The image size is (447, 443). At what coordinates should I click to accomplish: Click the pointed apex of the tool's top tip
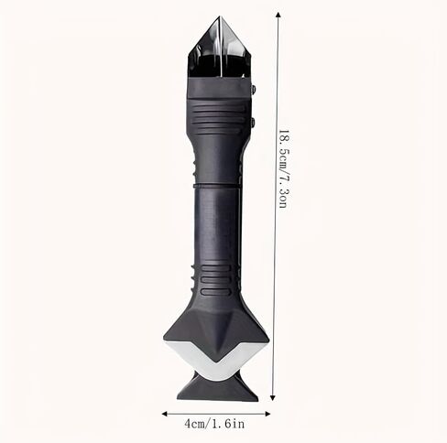click(x=220, y=16)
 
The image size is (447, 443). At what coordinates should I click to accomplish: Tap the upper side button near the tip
click(x=253, y=89)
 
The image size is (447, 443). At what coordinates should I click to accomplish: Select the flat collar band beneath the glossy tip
click(x=219, y=88)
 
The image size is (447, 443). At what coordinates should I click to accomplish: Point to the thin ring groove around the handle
click(x=216, y=186)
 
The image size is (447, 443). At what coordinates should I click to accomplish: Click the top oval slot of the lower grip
click(x=215, y=268)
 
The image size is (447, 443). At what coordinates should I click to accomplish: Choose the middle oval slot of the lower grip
click(x=215, y=280)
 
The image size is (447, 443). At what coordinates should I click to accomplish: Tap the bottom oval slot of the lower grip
click(x=215, y=292)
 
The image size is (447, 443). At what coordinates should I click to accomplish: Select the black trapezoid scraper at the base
click(x=218, y=390)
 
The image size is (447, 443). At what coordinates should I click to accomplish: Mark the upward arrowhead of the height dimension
click(x=278, y=16)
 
